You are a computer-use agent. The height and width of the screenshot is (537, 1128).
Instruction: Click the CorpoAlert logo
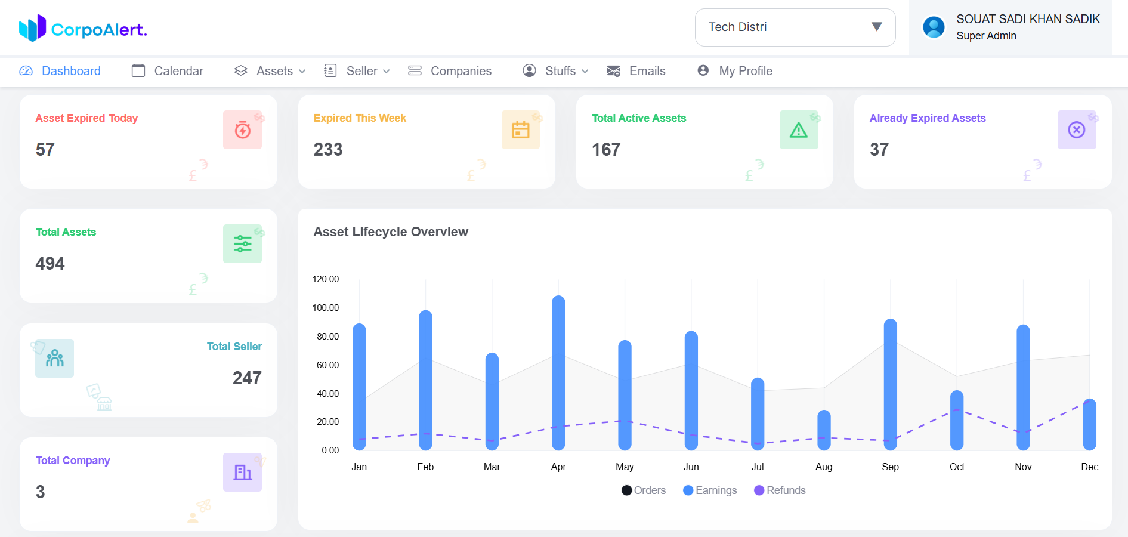[83, 28]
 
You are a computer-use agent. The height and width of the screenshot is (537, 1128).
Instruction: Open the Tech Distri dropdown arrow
[876, 27]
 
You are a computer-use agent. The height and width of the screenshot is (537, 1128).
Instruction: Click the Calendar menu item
[168, 71]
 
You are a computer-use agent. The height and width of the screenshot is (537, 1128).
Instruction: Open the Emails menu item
[636, 71]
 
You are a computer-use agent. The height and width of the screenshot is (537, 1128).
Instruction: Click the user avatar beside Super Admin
[934, 27]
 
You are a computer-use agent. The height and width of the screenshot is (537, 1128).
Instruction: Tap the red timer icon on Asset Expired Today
[242, 129]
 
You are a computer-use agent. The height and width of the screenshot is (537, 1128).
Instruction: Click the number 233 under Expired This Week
[328, 149]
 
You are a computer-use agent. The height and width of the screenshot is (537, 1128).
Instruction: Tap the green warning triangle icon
[798, 129]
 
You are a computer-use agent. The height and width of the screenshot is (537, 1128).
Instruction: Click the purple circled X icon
[1076, 129]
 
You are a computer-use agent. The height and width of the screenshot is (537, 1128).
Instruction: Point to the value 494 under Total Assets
[50, 263]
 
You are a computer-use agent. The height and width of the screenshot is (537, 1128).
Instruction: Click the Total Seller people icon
[54, 358]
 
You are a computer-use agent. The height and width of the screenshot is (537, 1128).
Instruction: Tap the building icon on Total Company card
[242, 472]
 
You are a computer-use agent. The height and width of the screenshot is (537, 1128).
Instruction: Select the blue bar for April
[558, 373]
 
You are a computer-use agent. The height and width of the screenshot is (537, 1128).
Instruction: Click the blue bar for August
[824, 430]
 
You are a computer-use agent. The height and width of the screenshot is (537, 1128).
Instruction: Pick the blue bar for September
[890, 385]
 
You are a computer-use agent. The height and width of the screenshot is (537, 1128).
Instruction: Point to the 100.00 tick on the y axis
[325, 308]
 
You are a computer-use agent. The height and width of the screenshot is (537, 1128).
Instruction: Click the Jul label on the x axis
[758, 467]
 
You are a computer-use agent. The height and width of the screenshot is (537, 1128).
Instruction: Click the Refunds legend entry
[780, 490]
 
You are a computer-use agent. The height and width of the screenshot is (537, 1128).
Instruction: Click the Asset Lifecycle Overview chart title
[391, 232]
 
